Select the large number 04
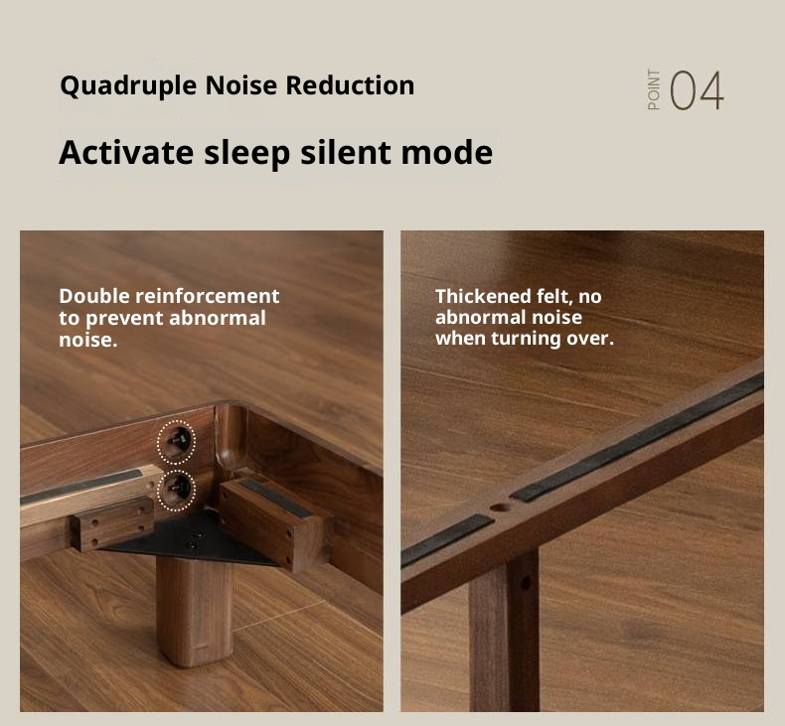pyautogui.click(x=697, y=91)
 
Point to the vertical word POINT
pyautogui.click(x=653, y=90)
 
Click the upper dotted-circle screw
pyautogui.click(x=178, y=439)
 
